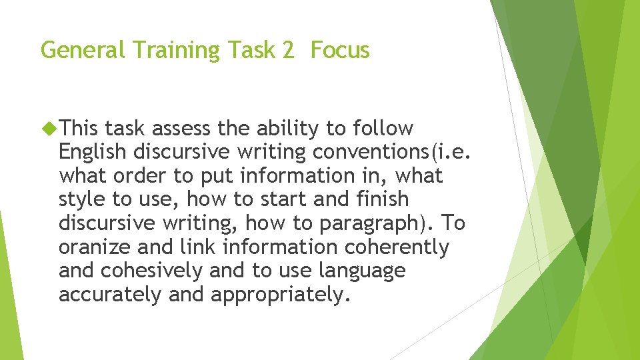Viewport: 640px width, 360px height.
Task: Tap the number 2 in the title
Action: [x=287, y=50]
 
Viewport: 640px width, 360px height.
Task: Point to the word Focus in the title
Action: [x=340, y=50]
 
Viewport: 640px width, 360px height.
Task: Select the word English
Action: [x=92, y=152]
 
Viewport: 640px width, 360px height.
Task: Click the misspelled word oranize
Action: [x=95, y=247]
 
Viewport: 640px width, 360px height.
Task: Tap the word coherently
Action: [x=397, y=247]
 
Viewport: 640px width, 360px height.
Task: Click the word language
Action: [x=361, y=271]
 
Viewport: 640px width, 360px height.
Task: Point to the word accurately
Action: [x=111, y=295]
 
